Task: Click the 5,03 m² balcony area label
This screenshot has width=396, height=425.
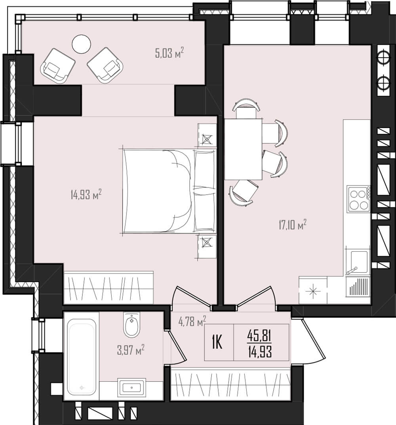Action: [x=169, y=52]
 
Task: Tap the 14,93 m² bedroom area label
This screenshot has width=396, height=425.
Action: [x=86, y=194]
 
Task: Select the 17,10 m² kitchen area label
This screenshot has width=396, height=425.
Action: [x=293, y=225]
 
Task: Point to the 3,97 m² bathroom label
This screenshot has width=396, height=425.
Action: [x=131, y=350]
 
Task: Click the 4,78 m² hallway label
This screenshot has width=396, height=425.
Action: [x=192, y=321]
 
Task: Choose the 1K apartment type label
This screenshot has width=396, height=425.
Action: [x=217, y=343]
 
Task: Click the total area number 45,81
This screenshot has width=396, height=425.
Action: [x=259, y=336]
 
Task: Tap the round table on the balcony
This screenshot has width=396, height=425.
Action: [x=82, y=44]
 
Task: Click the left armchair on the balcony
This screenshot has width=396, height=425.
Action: [x=58, y=66]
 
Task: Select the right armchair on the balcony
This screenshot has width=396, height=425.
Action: [x=105, y=65]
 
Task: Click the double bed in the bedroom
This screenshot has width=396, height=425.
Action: [x=169, y=191]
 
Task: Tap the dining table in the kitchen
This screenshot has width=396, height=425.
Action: [x=243, y=149]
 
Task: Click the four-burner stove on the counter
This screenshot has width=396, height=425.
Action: [x=359, y=199]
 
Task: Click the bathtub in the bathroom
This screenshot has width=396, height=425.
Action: [x=82, y=356]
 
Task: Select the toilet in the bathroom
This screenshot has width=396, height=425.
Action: [x=131, y=324]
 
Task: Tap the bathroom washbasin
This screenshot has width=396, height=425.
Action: [x=131, y=388]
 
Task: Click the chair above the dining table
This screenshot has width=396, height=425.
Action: [x=246, y=109]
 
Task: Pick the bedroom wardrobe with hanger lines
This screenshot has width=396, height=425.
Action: [x=109, y=287]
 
